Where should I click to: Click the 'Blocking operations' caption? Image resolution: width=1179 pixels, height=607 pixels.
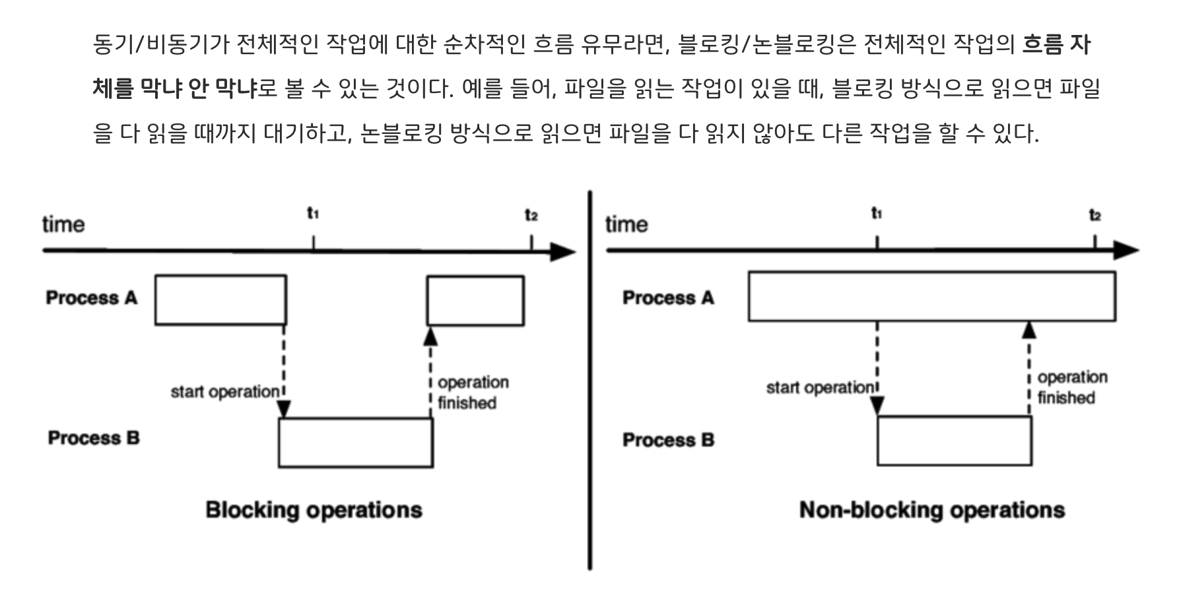tap(314, 510)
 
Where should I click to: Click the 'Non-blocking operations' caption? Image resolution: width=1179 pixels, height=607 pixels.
tap(931, 510)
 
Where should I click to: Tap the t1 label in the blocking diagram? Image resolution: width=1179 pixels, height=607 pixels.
tap(313, 213)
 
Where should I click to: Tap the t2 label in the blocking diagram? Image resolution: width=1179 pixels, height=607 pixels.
tap(531, 215)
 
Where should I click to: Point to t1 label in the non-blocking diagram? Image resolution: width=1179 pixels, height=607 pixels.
tap(877, 213)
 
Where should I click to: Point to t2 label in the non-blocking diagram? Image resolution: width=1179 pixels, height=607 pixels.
tap(1095, 215)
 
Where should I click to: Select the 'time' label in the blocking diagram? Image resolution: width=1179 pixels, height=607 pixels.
tap(63, 224)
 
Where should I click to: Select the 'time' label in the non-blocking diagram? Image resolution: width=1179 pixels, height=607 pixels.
tap(626, 224)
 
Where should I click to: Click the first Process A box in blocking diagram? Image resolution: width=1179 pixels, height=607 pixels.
tap(220, 300)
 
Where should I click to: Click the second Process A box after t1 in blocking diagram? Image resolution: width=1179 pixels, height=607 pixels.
tap(475, 301)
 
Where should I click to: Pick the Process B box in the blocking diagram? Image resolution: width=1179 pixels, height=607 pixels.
tap(356, 443)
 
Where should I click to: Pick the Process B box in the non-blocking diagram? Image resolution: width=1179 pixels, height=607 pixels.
tap(955, 441)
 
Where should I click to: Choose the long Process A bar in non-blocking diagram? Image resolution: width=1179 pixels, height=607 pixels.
tap(931, 296)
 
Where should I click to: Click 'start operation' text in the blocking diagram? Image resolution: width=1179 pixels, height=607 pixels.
tap(225, 392)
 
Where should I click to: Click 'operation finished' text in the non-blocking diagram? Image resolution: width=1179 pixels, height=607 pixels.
tap(1072, 387)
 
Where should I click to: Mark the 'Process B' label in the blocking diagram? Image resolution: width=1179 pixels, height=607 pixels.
tap(94, 438)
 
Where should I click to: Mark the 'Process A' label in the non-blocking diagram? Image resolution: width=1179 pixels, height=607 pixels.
tap(668, 298)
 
